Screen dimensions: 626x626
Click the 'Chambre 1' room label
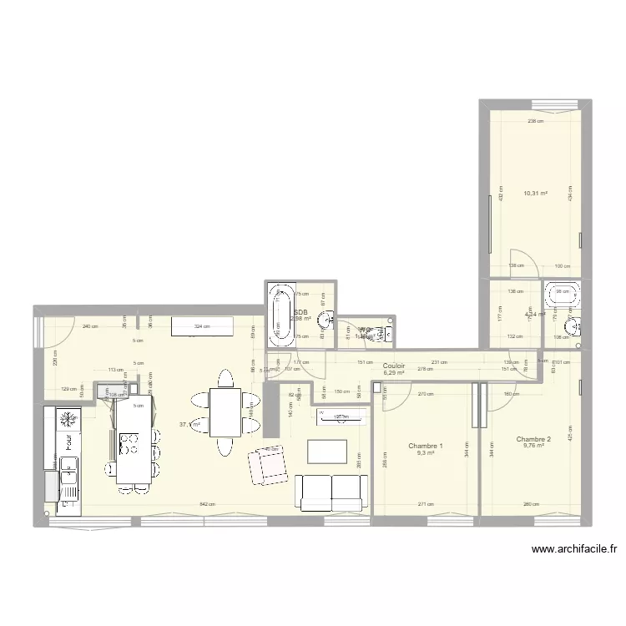coord(426,447)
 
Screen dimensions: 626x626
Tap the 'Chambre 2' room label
coord(533,439)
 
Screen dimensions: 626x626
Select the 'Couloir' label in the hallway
coord(394,366)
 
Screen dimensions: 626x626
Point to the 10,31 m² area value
coord(536,194)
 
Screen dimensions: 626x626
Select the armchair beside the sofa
coord(266,465)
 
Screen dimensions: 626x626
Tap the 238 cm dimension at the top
coord(535,120)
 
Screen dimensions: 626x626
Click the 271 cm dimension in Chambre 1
coord(426,504)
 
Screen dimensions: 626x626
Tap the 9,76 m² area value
coord(533,447)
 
